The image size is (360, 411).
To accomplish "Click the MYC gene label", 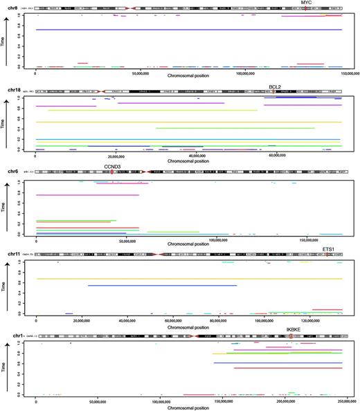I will (303, 3).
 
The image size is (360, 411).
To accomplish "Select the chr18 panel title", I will (15, 90).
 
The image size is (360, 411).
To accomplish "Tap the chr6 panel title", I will (14, 172).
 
